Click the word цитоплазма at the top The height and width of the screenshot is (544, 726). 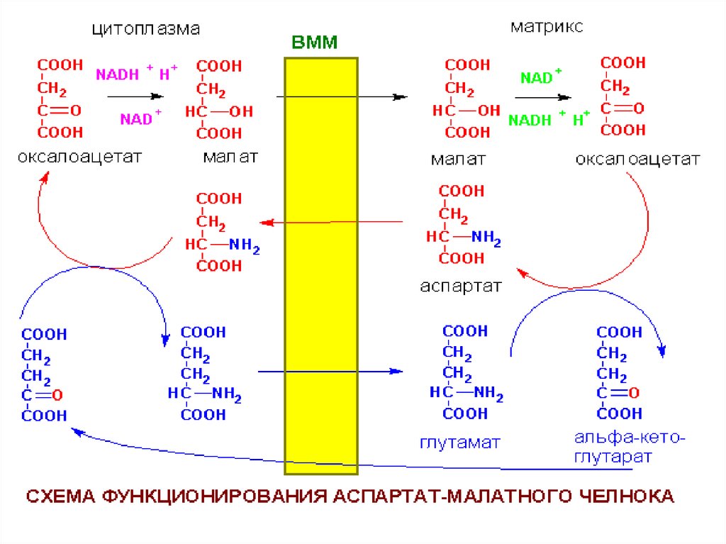(x=146, y=30)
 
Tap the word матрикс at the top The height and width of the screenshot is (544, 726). (x=547, y=28)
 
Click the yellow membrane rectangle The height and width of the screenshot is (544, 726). (x=320, y=284)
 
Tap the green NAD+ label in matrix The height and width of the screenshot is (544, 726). (x=540, y=77)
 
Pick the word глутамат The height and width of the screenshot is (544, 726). (x=460, y=443)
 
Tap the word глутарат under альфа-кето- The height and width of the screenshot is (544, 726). (x=615, y=457)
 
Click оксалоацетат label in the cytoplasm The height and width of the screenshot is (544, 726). (x=80, y=156)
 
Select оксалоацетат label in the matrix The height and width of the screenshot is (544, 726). (x=637, y=159)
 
